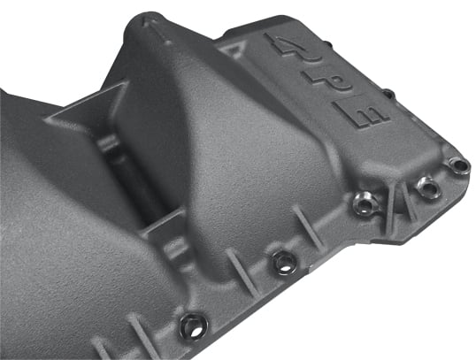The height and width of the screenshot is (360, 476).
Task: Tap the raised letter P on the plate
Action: pos(328,81)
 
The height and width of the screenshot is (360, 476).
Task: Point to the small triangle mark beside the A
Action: pos(235,49)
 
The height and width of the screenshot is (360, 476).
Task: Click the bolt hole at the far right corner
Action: pos(460,165)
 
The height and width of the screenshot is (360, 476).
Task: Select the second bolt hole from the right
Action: pos(428,186)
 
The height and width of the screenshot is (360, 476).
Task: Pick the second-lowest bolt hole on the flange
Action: pos(283,263)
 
